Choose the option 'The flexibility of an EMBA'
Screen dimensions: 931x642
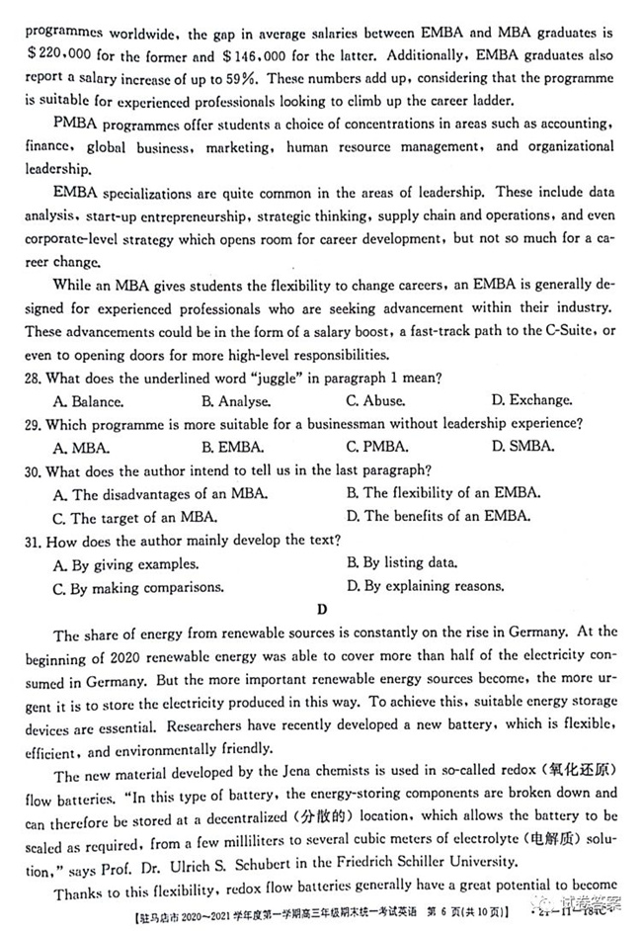click(441, 493)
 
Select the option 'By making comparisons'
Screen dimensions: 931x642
click(138, 587)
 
